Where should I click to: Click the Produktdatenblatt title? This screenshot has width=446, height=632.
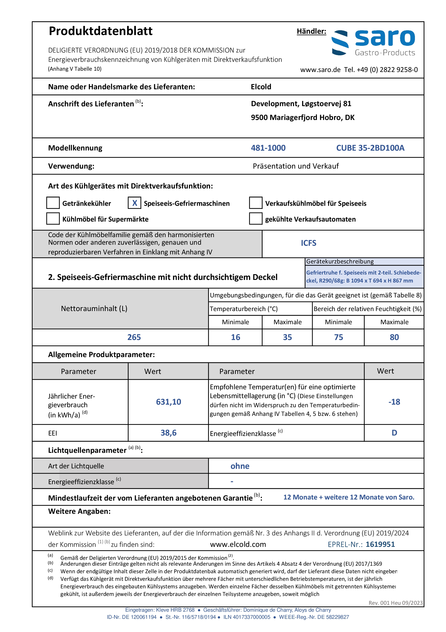tap(100, 31)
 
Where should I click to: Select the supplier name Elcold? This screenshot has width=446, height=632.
tap(261, 87)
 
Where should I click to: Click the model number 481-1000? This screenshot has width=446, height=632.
tap(268, 148)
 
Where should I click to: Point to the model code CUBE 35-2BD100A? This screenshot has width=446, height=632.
tap(370, 148)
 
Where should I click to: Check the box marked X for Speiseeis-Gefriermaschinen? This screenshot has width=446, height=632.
tap(134, 203)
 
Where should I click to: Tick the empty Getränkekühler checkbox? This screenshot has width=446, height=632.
tap(53, 203)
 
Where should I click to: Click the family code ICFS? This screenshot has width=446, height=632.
tap(308, 243)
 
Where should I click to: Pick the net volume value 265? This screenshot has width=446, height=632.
tap(134, 337)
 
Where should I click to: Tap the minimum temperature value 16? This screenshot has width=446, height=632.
tap(235, 337)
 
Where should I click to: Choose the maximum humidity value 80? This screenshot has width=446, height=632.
tap(394, 337)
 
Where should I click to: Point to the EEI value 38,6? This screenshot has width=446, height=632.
tap(169, 433)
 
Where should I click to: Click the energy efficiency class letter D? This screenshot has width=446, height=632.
tap(394, 433)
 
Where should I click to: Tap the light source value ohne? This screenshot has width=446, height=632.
tap(240, 466)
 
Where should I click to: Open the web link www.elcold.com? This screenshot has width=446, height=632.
tap(238, 544)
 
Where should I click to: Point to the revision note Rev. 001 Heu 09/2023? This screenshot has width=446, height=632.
tap(395, 603)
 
